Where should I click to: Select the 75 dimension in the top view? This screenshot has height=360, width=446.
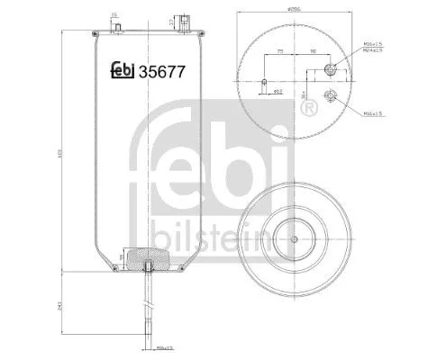(x=281, y=53)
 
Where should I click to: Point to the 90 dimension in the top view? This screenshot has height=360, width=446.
(x=311, y=53)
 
